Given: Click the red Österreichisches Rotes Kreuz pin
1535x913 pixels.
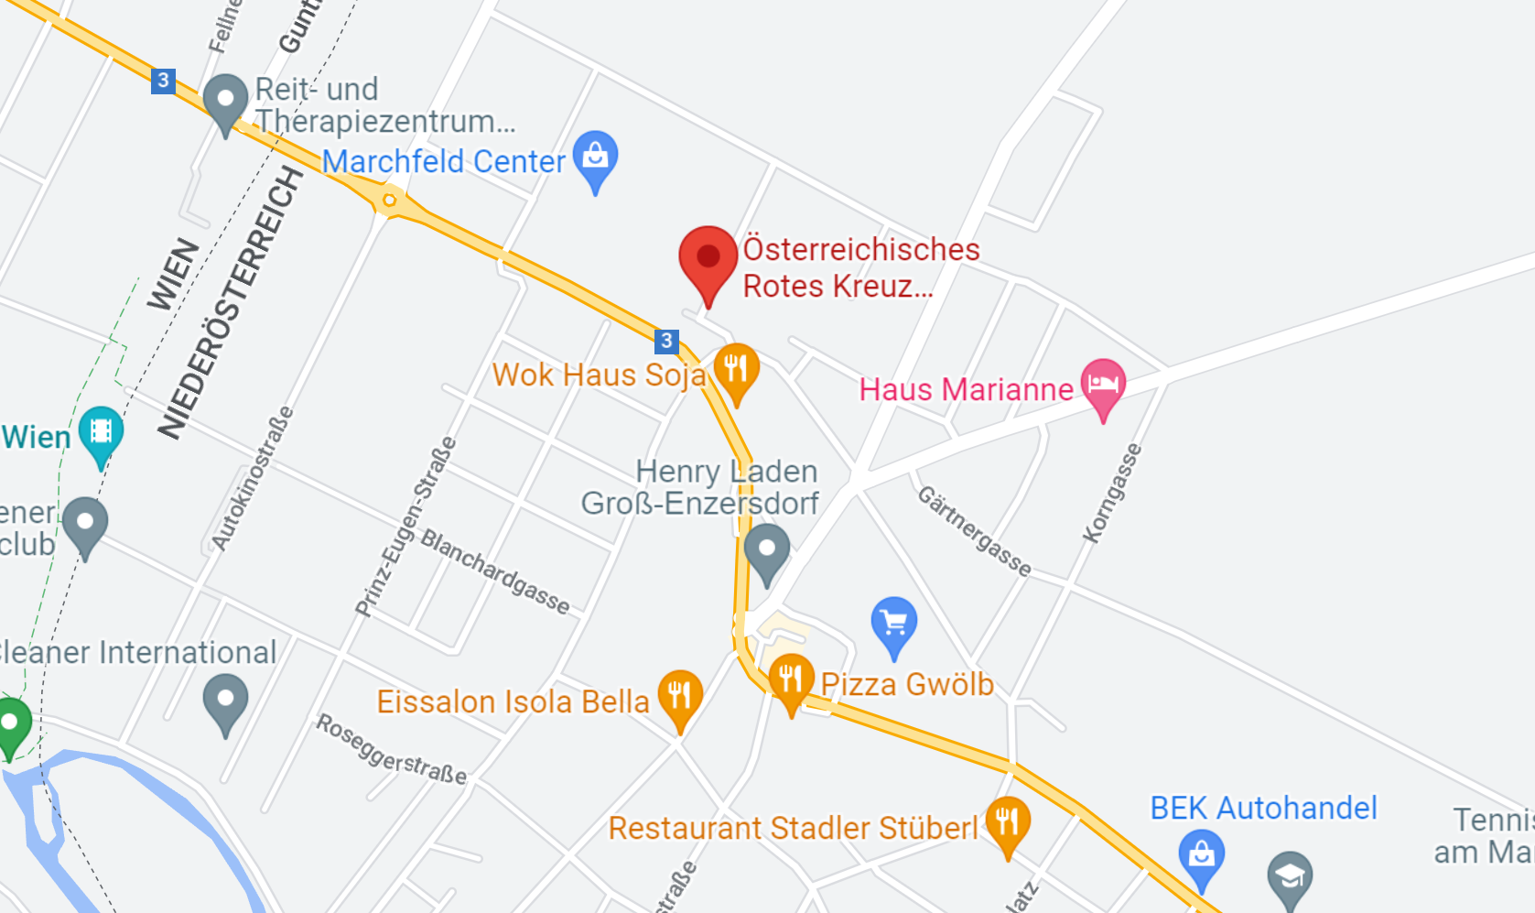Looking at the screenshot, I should [708, 259].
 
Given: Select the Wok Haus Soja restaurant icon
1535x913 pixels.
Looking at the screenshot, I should [736, 370].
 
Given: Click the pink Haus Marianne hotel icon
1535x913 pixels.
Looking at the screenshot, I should [1103, 385].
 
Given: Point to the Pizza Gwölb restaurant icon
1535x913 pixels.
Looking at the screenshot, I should [791, 679].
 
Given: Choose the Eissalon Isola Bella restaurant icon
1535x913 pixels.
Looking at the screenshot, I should [680, 696].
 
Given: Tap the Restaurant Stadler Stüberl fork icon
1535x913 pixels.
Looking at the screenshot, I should [1008, 821].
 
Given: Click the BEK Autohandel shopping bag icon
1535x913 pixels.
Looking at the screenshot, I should [1201, 855].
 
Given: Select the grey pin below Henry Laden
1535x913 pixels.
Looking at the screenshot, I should [767, 550].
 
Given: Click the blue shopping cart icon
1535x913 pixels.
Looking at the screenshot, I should [894, 625].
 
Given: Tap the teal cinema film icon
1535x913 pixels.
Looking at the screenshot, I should [101, 432].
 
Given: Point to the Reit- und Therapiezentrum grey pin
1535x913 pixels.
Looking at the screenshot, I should [225, 100].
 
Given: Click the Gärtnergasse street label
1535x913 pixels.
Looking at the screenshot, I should [975, 531].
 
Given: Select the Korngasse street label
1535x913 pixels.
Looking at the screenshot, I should [1112, 494].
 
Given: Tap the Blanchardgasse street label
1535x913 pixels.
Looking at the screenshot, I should [495, 571].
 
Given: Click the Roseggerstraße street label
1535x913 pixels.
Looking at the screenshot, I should [392, 749].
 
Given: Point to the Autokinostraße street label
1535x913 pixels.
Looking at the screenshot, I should [253, 479].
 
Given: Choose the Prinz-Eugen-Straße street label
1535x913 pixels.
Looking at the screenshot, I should [405, 527].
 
